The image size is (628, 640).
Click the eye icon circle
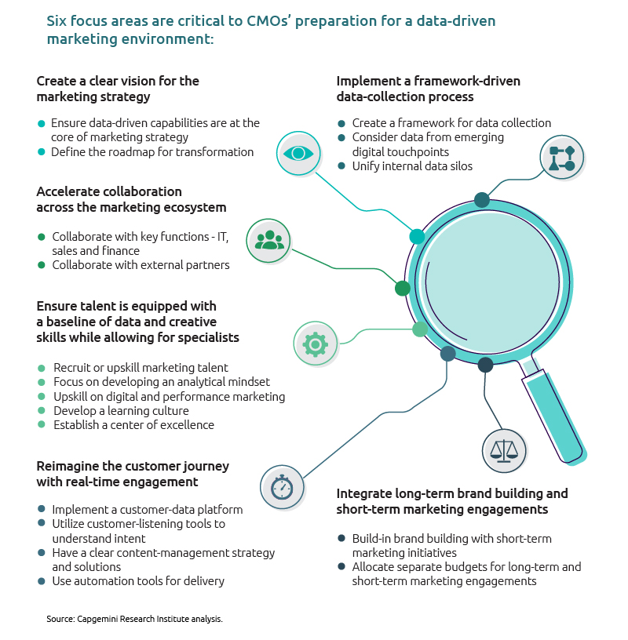click(x=299, y=153)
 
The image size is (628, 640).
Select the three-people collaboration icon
click(x=269, y=240)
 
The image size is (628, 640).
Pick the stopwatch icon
click(x=282, y=487)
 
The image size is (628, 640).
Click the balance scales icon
click(x=504, y=451)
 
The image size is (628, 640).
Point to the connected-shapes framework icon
click(x=562, y=158)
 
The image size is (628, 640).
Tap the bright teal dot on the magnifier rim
click(x=417, y=236)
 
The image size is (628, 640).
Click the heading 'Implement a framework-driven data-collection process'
click(x=428, y=89)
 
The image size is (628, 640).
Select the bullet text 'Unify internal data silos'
click(x=412, y=165)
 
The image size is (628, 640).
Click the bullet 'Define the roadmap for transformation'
click(x=152, y=152)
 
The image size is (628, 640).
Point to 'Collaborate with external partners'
click(x=141, y=265)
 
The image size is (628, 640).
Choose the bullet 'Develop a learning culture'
click(x=121, y=410)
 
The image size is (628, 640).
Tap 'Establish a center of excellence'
click(x=133, y=425)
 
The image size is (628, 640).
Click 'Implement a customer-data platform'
click(x=147, y=509)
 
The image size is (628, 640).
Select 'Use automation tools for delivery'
click(x=138, y=581)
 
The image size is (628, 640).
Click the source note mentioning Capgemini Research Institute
click(x=135, y=620)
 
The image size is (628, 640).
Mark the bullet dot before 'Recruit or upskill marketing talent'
click(x=42, y=368)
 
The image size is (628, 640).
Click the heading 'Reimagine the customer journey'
click(x=133, y=466)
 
